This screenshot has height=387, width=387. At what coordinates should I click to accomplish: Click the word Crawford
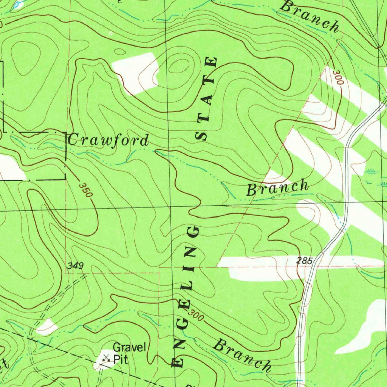108,140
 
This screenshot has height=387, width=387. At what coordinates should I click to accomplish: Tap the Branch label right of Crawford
278,188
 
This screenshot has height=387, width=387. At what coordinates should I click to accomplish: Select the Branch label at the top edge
311,16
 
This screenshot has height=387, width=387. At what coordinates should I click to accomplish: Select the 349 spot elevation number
76,266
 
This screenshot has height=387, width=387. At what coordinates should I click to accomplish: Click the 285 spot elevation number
304,261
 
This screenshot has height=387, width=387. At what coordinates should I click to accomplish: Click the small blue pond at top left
17,5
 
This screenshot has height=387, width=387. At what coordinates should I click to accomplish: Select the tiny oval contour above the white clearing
120,52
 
